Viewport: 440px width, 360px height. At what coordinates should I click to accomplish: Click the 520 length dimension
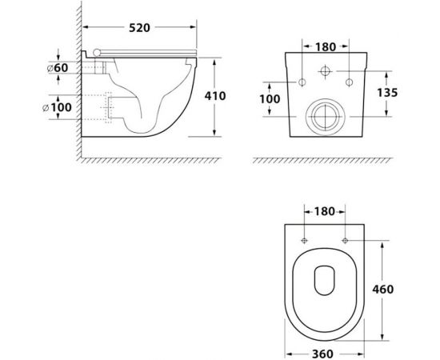(139, 29)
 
